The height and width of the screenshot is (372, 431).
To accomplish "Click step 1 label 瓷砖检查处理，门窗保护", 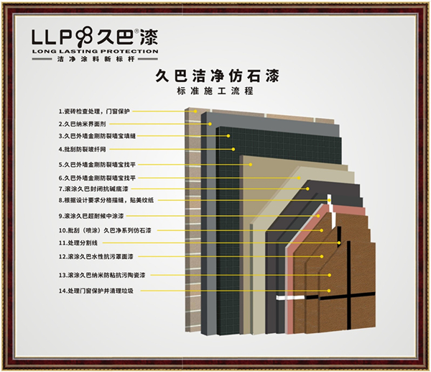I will (x=96, y=112).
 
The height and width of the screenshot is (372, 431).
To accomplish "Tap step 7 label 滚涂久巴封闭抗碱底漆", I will (x=93, y=189).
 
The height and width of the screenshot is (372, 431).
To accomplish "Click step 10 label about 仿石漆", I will (x=101, y=230).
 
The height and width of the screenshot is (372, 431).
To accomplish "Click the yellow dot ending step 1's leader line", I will (x=194, y=112).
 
